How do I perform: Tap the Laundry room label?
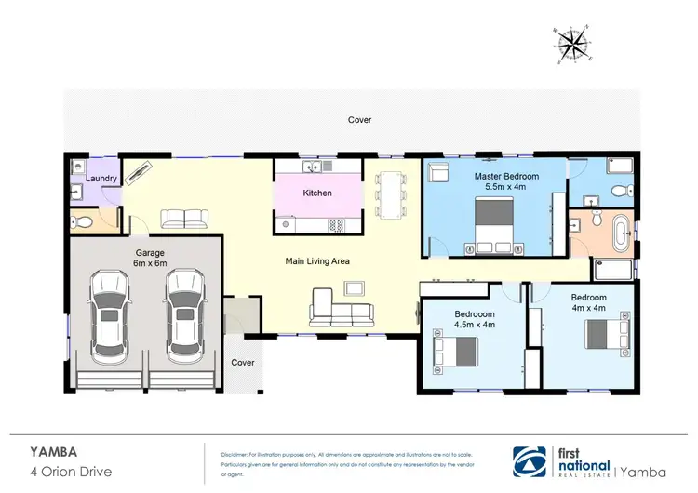[101, 178]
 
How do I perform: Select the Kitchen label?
[317, 193]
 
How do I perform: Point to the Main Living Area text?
[316, 261]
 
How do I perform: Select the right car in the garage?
[183, 315]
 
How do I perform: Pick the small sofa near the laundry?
[184, 219]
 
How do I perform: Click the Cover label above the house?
[359, 120]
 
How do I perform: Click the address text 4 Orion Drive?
[71, 472]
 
